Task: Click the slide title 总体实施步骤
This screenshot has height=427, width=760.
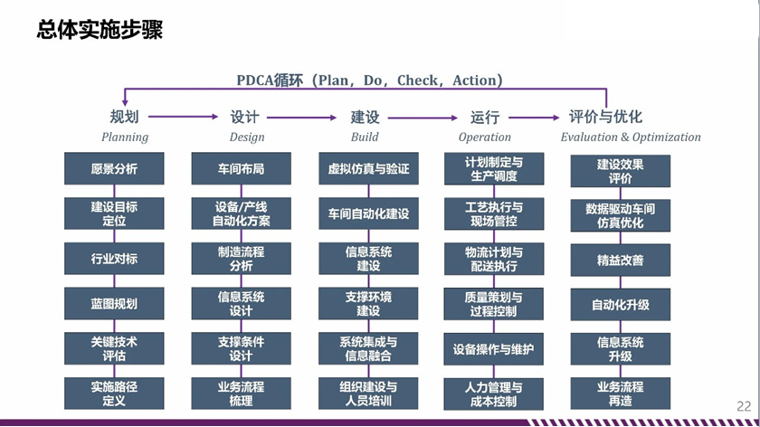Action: (100, 29)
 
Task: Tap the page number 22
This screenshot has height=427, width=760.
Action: (744, 406)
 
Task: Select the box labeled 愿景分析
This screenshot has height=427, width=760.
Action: (114, 168)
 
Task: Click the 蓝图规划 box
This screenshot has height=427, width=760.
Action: (114, 303)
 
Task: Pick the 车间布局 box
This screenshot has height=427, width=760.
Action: (241, 168)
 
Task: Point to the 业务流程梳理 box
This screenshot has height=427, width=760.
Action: (241, 394)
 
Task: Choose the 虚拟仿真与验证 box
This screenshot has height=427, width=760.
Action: (368, 168)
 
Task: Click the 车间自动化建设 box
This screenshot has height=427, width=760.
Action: (368, 213)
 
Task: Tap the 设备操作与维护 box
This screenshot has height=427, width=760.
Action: (493, 349)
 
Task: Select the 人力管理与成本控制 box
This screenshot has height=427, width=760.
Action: (493, 394)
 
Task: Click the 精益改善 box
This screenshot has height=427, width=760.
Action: (621, 261)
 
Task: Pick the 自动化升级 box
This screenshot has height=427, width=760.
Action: (621, 305)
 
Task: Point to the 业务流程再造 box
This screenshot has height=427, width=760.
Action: (621, 394)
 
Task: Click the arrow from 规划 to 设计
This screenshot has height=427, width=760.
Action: (183, 117)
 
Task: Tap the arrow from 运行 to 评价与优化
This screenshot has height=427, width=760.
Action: (534, 118)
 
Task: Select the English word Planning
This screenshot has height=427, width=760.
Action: (125, 138)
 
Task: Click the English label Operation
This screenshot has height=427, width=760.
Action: (485, 138)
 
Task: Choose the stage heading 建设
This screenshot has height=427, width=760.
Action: (365, 117)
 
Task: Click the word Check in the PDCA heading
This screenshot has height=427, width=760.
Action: (417, 80)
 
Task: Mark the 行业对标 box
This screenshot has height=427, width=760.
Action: (114, 259)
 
